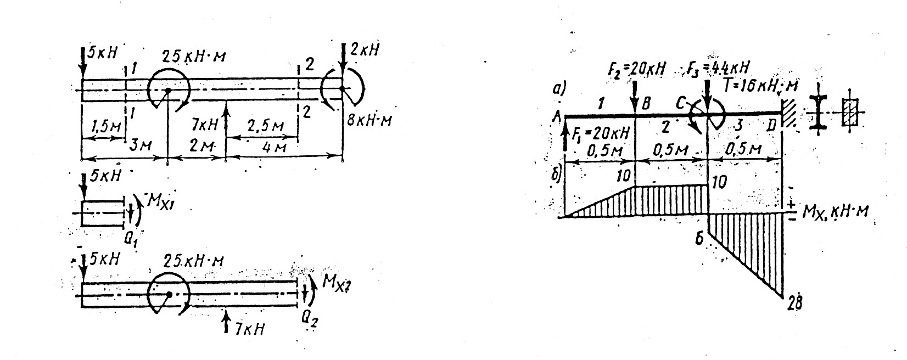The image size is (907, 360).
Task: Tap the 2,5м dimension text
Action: pos(265,126)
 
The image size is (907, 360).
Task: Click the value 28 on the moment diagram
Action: pos(793,303)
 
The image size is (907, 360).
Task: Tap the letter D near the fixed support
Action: pos(771,125)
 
